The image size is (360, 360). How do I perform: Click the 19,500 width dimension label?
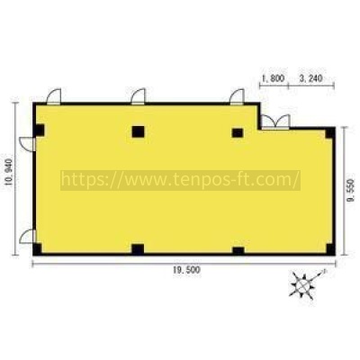[x=186, y=270]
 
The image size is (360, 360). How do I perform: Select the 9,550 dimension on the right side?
[x=351, y=191]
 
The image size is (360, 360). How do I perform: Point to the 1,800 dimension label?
[x=274, y=78]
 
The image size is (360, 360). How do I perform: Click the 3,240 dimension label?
[x=310, y=78]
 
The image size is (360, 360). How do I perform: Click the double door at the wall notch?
[x=275, y=121]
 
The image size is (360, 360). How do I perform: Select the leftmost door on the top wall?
[x=54, y=96]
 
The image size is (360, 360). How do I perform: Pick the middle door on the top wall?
[x=139, y=96]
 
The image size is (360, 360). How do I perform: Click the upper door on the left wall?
[x=27, y=144]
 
